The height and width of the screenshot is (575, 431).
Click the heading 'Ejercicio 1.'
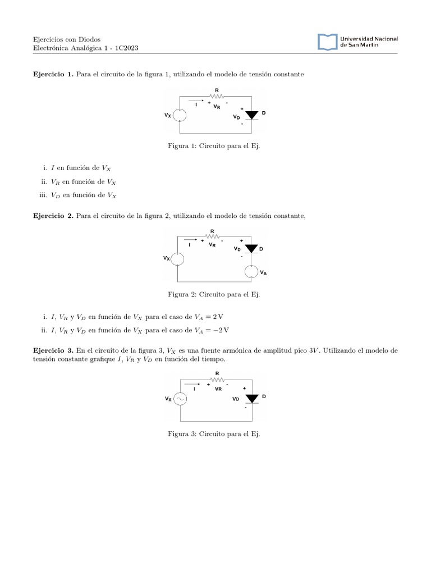pos(54,75)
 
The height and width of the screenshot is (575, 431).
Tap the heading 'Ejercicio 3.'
pos(54,350)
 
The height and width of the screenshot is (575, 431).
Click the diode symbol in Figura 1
pos(252,115)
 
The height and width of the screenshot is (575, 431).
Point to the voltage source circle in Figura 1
pos(180,115)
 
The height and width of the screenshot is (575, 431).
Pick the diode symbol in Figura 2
pos(251,248)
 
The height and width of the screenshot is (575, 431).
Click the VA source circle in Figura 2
pos(251,272)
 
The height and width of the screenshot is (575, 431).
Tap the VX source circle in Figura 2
pos(177,258)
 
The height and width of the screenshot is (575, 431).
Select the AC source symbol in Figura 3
pos(180,399)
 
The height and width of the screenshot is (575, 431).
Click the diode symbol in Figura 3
pos(252,398)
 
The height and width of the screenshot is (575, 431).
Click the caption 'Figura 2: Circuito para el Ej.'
pos(214,294)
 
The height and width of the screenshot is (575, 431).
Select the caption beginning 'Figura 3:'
pos(214,434)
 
